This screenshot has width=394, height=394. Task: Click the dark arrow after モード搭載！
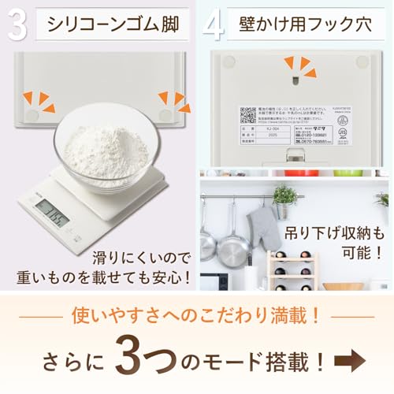click(355, 361)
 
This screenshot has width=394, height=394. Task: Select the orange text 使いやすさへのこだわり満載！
click(197, 317)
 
